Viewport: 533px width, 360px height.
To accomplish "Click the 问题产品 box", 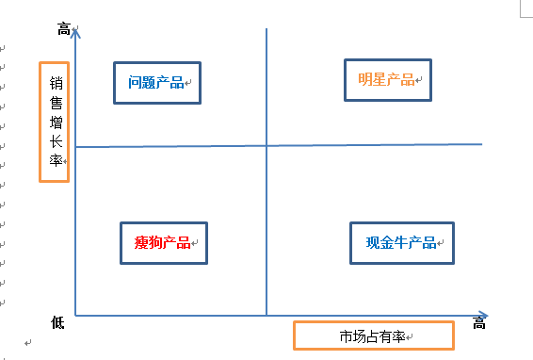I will pos(157,82).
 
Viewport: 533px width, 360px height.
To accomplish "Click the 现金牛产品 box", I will pos(402,243).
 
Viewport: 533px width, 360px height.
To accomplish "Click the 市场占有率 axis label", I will pos(374,335).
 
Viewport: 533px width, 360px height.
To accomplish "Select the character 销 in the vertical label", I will pos(57,83).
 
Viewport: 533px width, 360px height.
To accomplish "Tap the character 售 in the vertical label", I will pos(57,103).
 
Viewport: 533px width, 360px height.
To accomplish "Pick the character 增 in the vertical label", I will pos(57,123).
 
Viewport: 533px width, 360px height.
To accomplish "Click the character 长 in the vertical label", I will pos(57,142).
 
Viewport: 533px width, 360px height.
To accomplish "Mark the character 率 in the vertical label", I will pos(57,162).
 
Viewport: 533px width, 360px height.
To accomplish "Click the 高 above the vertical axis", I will pos(64,30).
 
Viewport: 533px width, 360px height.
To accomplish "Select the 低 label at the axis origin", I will pos(57,323).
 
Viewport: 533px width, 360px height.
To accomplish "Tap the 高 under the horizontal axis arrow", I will pos(479,324).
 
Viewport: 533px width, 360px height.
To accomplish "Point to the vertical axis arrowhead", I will pos(76,33).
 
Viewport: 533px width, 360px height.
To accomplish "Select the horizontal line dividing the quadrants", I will pos(377,145).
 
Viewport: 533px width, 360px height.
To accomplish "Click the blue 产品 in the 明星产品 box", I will pos(401,80).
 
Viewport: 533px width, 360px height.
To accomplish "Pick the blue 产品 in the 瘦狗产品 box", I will pos(176,242).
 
